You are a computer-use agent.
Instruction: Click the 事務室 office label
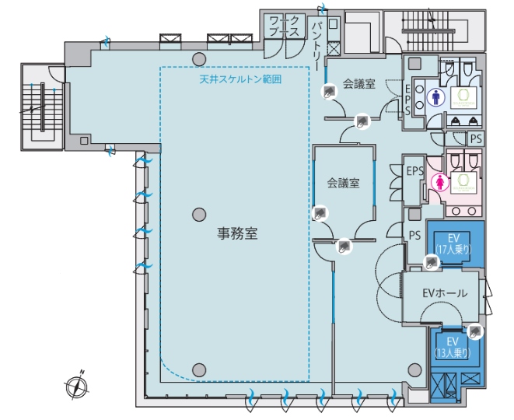tap(237, 232)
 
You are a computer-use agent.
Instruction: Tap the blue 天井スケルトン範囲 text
tap(240, 79)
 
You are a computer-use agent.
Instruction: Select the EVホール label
tap(444, 293)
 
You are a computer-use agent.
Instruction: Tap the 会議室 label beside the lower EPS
tap(343, 184)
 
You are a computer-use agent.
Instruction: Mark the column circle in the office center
tap(200, 213)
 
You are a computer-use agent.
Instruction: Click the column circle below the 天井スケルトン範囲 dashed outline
tap(200, 369)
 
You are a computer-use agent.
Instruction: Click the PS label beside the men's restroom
tap(476, 138)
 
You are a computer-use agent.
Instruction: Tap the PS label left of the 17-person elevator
tap(414, 234)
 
